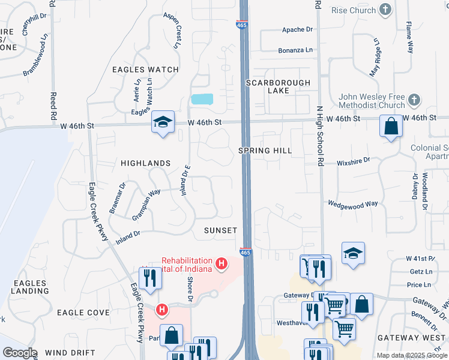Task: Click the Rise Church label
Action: [354, 10]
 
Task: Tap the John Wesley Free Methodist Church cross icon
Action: [413, 99]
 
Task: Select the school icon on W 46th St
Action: [163, 122]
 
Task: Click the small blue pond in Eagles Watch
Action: [202, 99]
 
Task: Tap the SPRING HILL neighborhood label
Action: [265, 151]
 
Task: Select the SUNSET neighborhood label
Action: [220, 230]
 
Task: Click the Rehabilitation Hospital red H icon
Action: [221, 263]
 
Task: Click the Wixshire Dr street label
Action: [354, 161]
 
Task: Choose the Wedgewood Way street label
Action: [352, 204]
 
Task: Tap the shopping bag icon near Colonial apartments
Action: [391, 127]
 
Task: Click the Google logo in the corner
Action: [20, 353]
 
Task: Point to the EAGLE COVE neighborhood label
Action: [83, 313]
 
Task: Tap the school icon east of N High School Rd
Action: [354, 253]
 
